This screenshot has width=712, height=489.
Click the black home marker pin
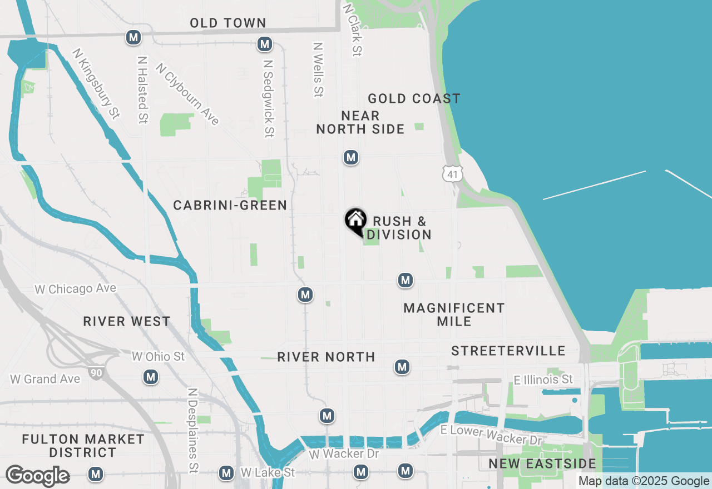[x=355, y=221]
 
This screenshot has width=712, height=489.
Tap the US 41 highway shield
[x=453, y=174]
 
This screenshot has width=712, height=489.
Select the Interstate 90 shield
[x=96, y=372]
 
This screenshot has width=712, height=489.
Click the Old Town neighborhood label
[x=228, y=23]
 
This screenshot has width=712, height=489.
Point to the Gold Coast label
[x=414, y=99]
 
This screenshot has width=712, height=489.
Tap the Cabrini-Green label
[x=230, y=206]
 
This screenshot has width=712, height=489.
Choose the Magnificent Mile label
[x=454, y=315]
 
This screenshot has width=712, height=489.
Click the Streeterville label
[x=508, y=351]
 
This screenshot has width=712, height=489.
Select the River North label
[x=326, y=357]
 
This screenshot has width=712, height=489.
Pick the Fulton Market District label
[x=83, y=446]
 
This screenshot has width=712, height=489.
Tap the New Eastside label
[x=542, y=463]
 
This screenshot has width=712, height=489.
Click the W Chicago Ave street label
[x=76, y=289]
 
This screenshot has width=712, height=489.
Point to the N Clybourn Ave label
[x=187, y=94]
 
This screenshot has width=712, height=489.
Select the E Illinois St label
[x=543, y=380]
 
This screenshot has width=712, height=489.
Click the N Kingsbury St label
[x=96, y=83]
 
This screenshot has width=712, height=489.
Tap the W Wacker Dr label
[x=344, y=454]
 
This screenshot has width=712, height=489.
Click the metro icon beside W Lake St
[x=226, y=473]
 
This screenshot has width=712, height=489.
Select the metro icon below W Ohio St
[x=151, y=377]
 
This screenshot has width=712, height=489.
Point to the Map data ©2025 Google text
[x=644, y=481]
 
